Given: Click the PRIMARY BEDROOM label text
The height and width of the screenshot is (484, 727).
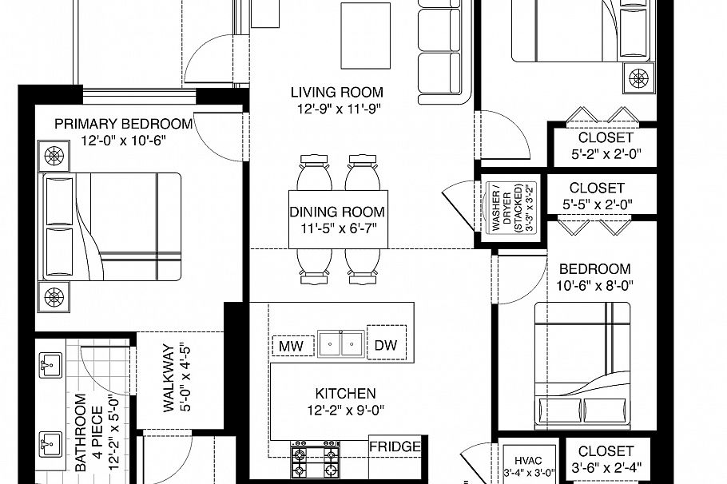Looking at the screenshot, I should tap(123, 124).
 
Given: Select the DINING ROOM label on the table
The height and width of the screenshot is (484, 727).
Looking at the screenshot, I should tap(336, 213).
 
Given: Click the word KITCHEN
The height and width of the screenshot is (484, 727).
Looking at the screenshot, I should tap(344, 394).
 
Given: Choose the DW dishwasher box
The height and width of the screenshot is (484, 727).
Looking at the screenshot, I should tap(386, 345).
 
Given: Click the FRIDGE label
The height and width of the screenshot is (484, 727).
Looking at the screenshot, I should tap(395, 446).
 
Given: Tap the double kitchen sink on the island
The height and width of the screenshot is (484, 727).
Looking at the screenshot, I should tap(339, 344).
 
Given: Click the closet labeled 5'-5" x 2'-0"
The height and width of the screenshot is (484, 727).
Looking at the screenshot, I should tap(597, 196).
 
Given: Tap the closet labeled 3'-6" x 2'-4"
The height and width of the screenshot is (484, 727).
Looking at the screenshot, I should tap(606, 459).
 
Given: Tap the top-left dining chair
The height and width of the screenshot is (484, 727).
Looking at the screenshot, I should tap(313, 173).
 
